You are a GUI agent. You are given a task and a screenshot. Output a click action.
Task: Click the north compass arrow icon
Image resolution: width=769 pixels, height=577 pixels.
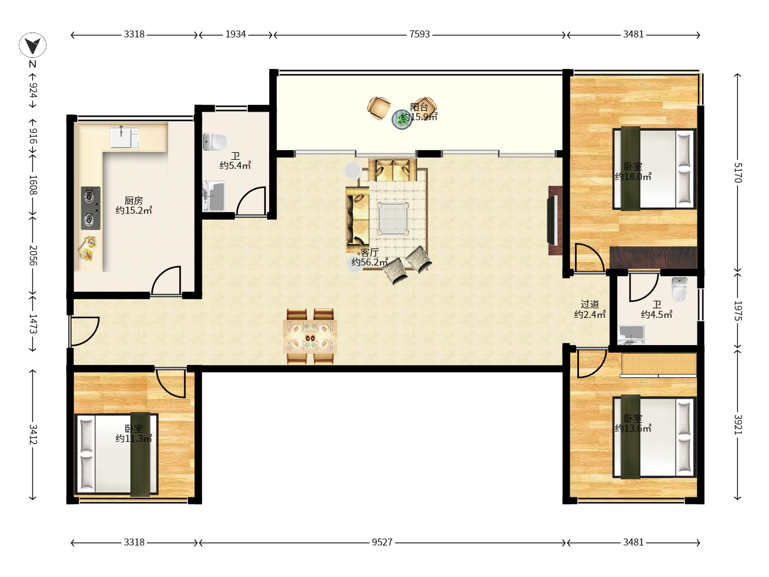click(x=33, y=45)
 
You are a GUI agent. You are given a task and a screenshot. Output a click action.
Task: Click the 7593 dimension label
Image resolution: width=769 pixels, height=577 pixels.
click(x=419, y=34)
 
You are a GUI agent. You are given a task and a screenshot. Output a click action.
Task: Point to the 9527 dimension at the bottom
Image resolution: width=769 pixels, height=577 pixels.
click(x=382, y=542)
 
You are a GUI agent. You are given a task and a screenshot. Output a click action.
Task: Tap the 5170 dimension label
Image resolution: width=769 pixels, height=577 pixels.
click(x=738, y=173)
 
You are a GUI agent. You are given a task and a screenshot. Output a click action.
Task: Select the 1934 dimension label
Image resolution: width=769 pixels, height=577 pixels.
click(x=236, y=34)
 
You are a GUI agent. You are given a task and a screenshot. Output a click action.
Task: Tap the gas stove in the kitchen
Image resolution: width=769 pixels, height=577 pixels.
click(x=90, y=208)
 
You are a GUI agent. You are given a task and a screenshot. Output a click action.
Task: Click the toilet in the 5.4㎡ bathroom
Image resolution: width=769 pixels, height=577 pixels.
click(x=215, y=142)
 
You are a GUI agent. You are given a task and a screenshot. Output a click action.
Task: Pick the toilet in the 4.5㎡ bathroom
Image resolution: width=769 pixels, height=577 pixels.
click(x=680, y=290)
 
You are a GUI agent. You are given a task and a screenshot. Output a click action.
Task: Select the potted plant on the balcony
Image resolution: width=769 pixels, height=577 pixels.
click(x=402, y=120)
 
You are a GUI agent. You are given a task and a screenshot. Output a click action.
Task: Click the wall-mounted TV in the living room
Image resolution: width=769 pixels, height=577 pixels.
click(x=553, y=221)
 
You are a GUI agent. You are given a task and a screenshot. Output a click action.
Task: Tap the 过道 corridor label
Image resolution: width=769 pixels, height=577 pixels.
click(x=590, y=304)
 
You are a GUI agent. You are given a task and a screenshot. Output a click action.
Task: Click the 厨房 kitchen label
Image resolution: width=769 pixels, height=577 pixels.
click(x=134, y=201)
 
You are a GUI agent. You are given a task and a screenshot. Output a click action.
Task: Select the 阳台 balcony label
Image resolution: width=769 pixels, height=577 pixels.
click(x=419, y=107)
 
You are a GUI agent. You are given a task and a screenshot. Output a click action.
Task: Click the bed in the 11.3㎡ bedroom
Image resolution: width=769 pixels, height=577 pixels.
click(x=116, y=454)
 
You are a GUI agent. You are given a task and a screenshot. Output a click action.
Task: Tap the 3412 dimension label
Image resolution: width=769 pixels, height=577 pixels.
click(x=33, y=434)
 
